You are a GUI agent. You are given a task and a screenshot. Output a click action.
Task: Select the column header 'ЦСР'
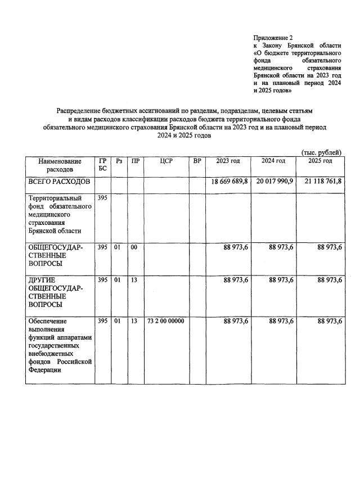pos(165,161)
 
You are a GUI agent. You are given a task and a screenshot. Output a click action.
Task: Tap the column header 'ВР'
pos(197,161)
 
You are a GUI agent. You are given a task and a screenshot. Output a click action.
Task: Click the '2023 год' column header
pos(228,161)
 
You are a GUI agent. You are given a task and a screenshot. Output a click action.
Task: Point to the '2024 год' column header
pos(273,161)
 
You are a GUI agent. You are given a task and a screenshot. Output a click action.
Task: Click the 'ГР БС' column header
pos(102,165)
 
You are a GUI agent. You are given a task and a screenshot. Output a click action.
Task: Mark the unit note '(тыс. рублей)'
pos(321,152)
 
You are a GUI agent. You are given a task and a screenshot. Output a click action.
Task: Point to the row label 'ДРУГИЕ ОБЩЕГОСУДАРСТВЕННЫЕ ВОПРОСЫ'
pos(56,291)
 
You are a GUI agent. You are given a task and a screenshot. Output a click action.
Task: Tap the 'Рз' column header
pos(119,161)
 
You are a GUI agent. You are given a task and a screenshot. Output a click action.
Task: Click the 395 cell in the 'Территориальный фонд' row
pos(102,198)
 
